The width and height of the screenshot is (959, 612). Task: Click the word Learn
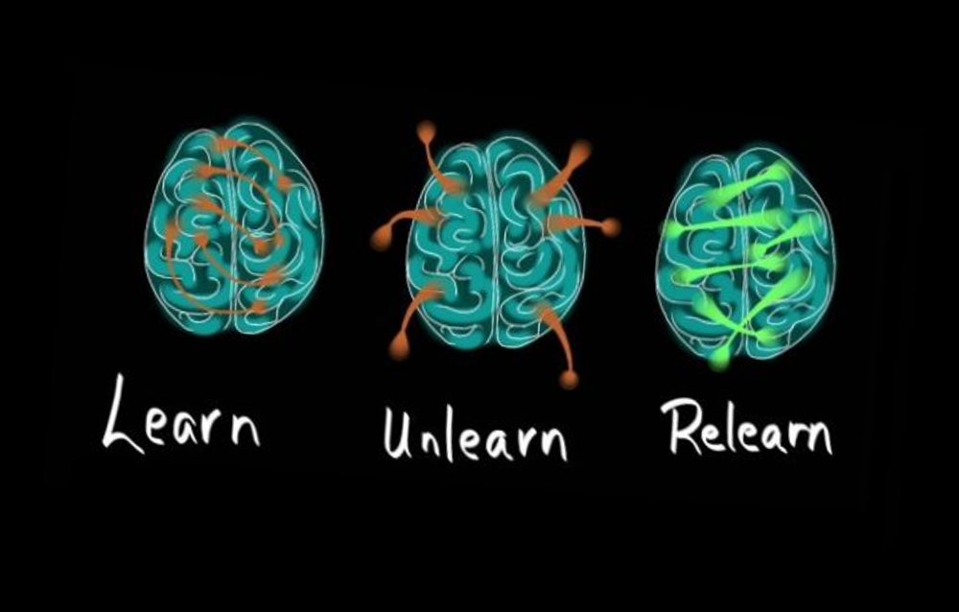pos(181,415)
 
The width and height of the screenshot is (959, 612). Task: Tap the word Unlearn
pos(476,434)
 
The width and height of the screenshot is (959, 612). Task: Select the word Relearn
pos(747,428)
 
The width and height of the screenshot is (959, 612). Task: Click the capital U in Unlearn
pos(398,434)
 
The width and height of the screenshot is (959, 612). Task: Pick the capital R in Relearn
pos(680,426)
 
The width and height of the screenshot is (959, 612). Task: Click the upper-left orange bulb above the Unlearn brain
pos(426,130)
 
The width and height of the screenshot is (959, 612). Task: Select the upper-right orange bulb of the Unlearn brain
pos(580,151)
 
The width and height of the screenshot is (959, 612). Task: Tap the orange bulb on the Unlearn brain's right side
pos(609,227)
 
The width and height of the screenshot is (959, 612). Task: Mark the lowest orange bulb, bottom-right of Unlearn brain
pos(569,380)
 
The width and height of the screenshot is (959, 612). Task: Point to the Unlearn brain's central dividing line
pos(494,245)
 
